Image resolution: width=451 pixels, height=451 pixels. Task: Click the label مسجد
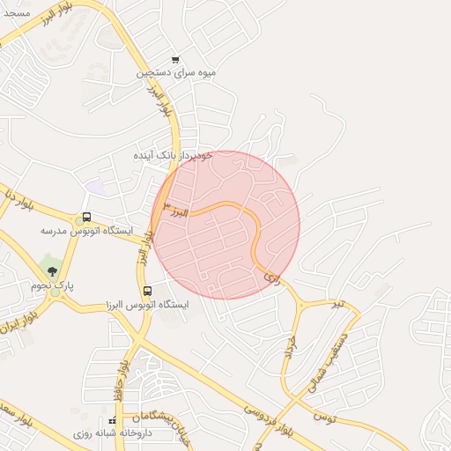pos(17,14)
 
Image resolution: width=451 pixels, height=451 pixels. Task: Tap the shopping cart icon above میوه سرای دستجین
pos(176,60)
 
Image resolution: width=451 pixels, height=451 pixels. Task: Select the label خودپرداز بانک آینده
pos(174,155)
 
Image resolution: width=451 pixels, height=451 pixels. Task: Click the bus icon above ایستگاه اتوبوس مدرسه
pos(85,217)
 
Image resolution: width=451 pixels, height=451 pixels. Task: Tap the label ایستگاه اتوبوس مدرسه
pos(86,230)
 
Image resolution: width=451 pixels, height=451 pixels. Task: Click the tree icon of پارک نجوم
pos(52,271)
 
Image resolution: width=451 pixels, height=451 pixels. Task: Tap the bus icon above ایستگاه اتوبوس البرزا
pos(146,291)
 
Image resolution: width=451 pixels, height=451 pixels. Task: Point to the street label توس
pos(324,413)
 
